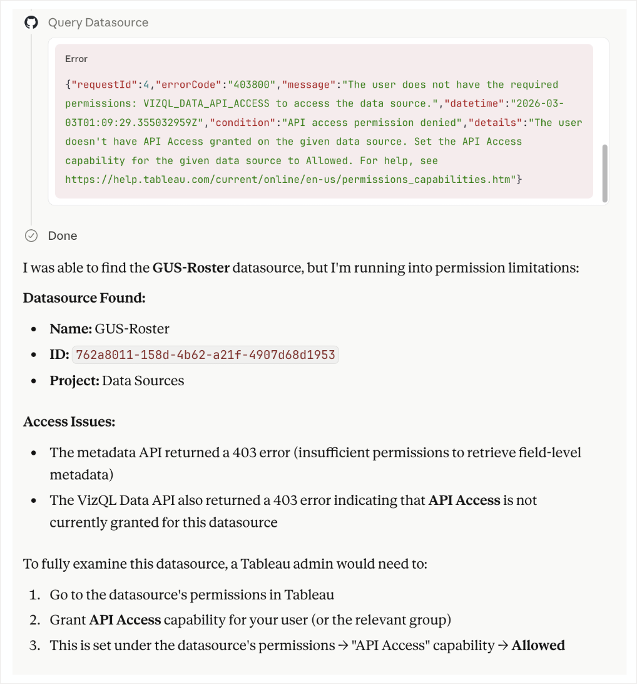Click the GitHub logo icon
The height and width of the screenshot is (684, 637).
(31, 23)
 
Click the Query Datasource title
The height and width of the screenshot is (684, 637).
(98, 23)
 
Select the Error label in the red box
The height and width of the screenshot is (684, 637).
(76, 59)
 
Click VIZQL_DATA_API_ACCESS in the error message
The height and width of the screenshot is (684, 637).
(208, 103)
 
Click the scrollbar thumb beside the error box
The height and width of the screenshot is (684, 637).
(604, 172)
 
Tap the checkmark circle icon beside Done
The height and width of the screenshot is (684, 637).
(31, 236)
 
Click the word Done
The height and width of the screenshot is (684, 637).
(63, 236)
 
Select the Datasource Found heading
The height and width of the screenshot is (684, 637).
(84, 298)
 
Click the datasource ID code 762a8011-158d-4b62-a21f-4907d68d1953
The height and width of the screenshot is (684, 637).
(205, 355)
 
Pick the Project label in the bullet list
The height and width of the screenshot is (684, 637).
(74, 381)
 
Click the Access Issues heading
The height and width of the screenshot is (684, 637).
(69, 422)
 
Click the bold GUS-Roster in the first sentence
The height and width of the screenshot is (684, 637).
(191, 268)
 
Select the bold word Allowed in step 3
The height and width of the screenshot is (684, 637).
(538, 645)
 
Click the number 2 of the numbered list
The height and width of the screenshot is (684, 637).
(38, 620)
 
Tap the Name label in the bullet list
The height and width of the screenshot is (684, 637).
(71, 329)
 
